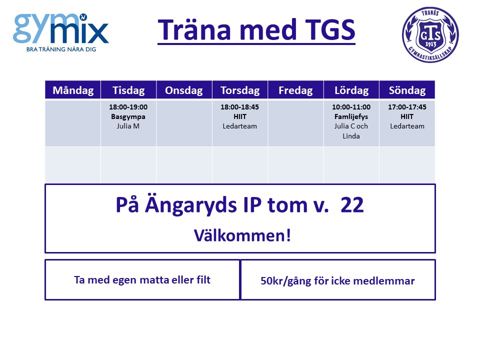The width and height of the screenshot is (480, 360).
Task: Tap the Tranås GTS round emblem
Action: point(430,34)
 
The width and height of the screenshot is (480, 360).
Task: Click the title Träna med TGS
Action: point(256,29)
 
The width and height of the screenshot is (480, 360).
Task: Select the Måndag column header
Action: point(73,90)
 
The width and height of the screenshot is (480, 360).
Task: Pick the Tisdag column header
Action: point(128,90)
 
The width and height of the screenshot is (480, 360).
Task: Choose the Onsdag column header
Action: point(184,90)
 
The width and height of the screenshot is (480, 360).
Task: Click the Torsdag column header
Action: point(240,90)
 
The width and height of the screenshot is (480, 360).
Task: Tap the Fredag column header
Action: point(295,90)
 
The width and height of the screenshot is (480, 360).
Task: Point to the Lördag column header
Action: point(351,90)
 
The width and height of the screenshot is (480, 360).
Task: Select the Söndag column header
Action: point(407,90)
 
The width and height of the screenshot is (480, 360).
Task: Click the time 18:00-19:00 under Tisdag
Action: point(128,107)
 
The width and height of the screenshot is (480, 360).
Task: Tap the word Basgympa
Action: point(128,116)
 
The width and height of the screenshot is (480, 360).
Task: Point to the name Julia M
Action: point(128,126)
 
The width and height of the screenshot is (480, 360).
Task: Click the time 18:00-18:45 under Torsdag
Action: point(239,107)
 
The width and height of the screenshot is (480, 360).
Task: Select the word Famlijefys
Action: point(351,116)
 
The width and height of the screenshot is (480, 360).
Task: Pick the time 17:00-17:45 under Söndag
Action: point(407,107)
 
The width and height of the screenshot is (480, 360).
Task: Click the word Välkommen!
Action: point(242,235)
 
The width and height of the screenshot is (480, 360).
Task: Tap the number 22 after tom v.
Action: point(352,205)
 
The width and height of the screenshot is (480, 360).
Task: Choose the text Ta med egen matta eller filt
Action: point(142,280)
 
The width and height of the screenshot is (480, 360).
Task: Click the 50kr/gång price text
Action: point(285,281)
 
